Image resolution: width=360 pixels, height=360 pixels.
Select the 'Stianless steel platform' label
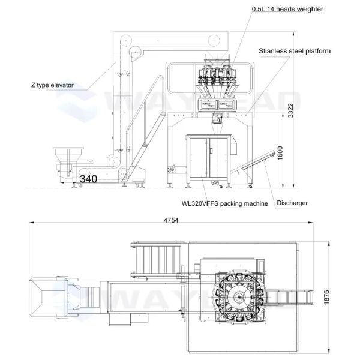click(x=295, y=52)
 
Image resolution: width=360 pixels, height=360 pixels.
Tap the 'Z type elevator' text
click(x=52, y=85)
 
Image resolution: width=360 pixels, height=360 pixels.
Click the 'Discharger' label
click(x=292, y=203)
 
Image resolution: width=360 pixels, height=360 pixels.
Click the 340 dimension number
click(x=88, y=179)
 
